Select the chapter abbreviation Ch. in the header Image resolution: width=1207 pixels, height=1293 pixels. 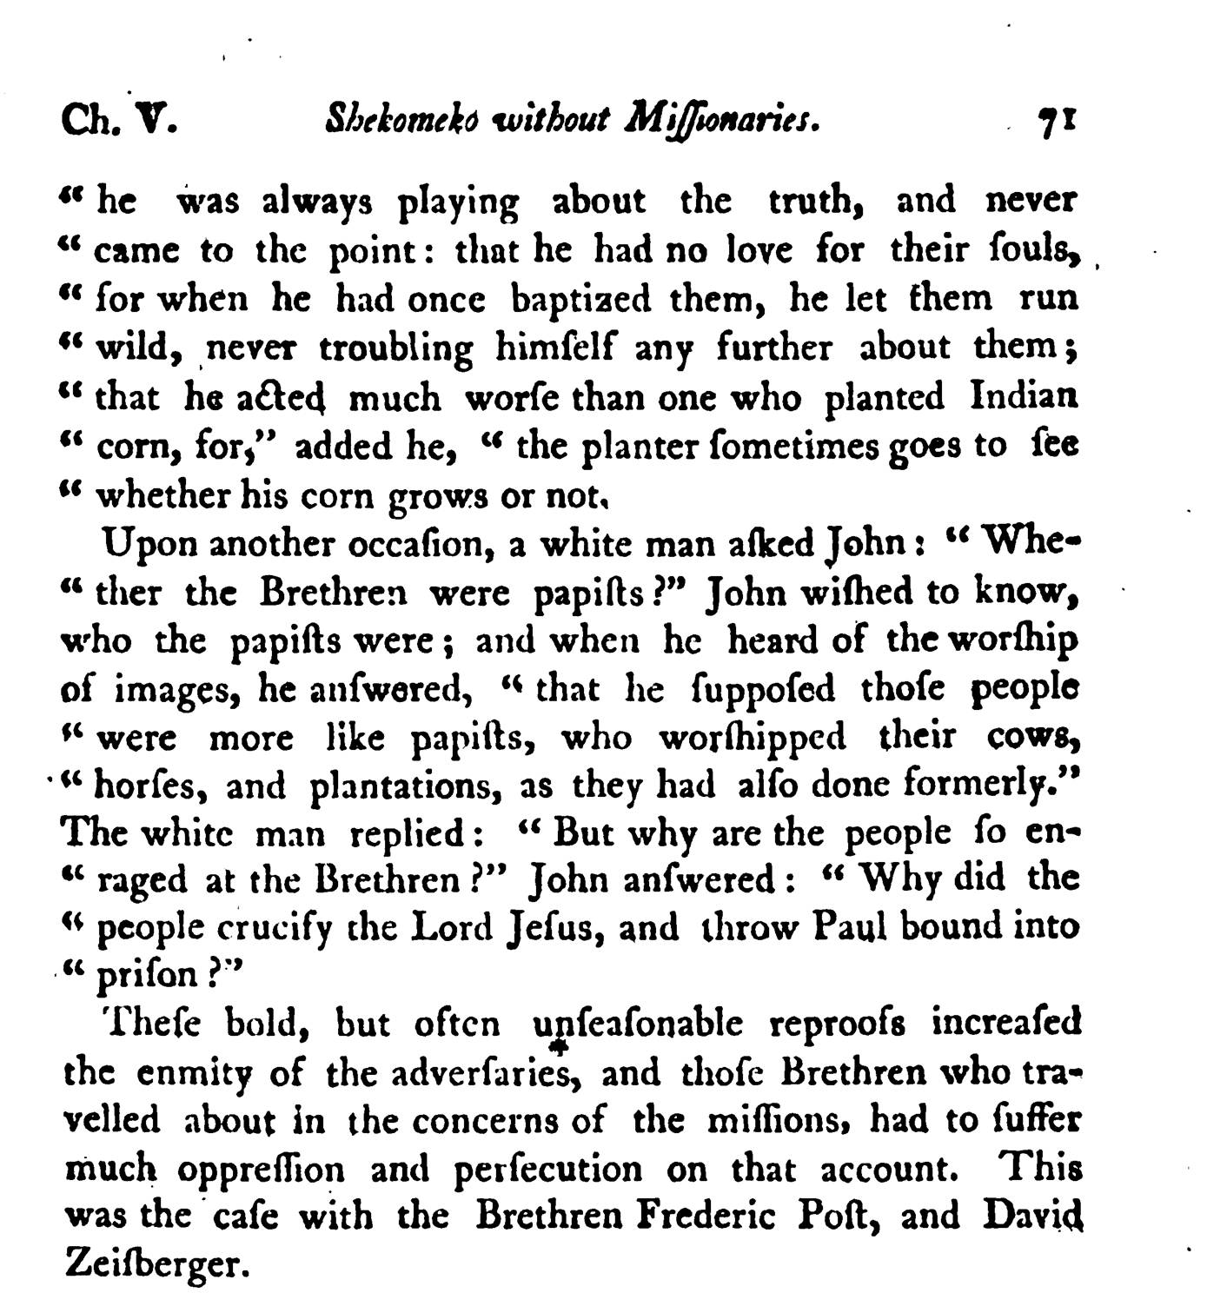coord(83,120)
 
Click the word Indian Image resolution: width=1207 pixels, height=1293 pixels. coord(1024,396)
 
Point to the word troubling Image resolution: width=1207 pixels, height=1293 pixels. coord(395,349)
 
